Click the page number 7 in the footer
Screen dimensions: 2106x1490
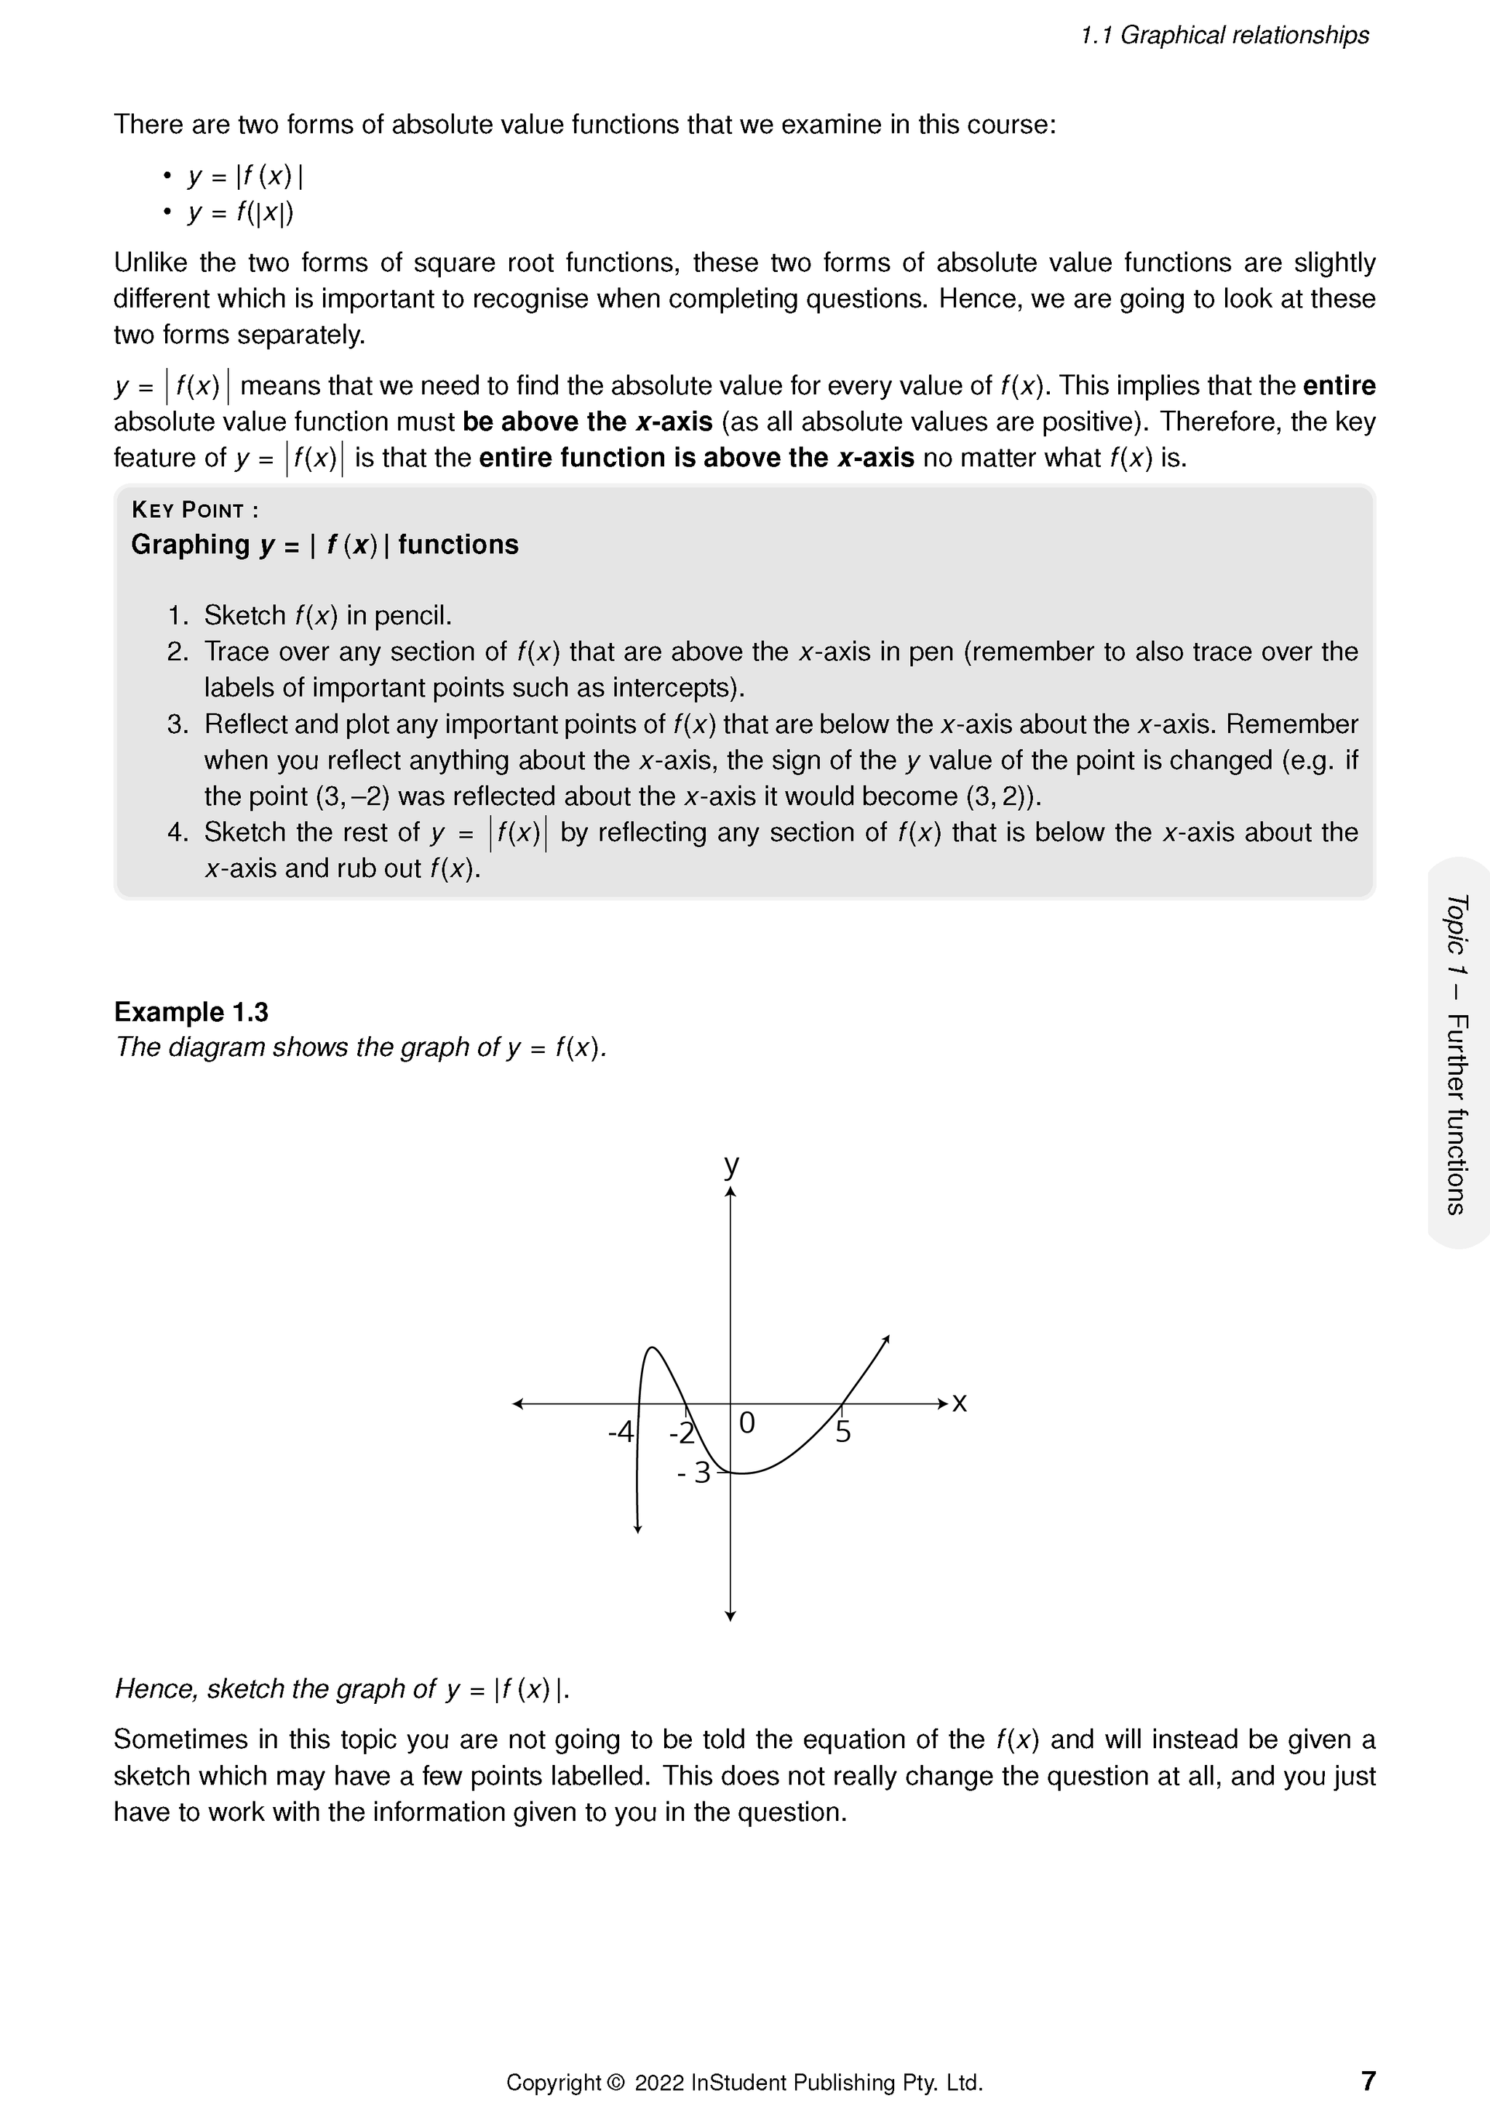(1367, 2081)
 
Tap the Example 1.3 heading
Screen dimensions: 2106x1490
(191, 1012)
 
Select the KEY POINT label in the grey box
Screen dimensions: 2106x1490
(194, 510)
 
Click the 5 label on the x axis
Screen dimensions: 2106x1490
(843, 1433)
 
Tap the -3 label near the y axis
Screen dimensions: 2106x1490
(695, 1473)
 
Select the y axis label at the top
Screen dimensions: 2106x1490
(731, 1165)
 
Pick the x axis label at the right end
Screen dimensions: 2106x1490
(959, 1403)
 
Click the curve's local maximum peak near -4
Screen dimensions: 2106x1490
(651, 1348)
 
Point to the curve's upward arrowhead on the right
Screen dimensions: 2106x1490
(886, 1340)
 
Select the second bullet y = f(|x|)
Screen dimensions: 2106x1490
(240, 213)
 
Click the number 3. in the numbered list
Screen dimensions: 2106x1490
(177, 724)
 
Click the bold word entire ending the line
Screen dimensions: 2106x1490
(1339, 386)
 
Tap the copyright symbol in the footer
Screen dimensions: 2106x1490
(615, 2082)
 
